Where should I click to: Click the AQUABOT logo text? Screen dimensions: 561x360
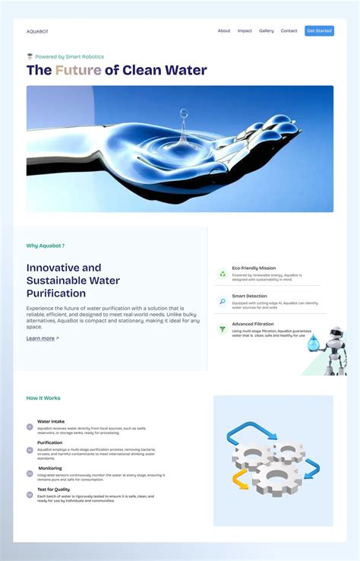[37, 31]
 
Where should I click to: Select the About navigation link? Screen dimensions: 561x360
[224, 31]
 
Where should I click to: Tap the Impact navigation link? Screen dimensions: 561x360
[245, 31]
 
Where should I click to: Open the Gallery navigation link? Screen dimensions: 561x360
[267, 31]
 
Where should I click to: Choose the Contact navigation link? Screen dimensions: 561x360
[289, 31]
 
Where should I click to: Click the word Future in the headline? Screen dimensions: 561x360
[78, 71]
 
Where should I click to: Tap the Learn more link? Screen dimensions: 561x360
[42, 338]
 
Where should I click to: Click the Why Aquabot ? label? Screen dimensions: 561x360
[46, 246]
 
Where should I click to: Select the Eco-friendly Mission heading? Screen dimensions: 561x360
[254, 268]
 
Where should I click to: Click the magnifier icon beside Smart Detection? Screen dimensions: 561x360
[223, 302]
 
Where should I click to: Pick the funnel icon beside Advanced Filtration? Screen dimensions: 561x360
[223, 329]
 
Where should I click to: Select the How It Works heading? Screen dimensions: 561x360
[43, 398]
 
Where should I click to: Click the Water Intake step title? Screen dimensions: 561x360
[51, 421]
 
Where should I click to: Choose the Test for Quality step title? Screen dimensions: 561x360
[53, 490]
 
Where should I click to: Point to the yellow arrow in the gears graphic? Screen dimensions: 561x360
[240, 479]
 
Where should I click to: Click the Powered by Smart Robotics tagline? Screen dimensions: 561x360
[69, 56]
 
